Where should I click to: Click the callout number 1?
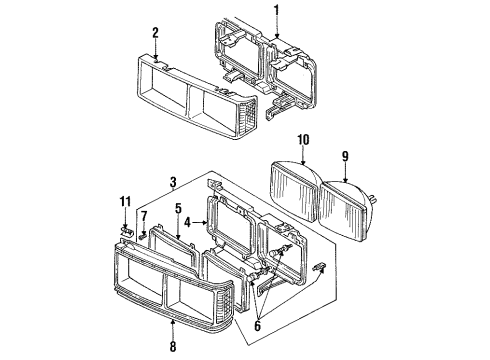click(x=277, y=12)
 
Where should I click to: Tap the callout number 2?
click(x=155, y=33)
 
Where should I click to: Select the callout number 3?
click(x=173, y=182)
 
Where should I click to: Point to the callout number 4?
click(x=188, y=222)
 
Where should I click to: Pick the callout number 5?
click(x=178, y=209)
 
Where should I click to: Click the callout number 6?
click(x=257, y=326)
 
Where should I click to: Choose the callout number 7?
click(x=144, y=216)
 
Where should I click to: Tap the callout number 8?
click(x=173, y=346)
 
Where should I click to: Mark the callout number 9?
click(x=345, y=156)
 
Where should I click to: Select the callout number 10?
click(x=303, y=140)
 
